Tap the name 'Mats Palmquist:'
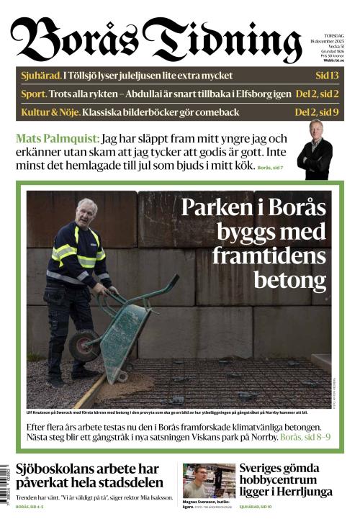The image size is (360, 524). [x=57, y=138]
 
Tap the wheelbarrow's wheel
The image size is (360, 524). [x=84, y=345]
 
